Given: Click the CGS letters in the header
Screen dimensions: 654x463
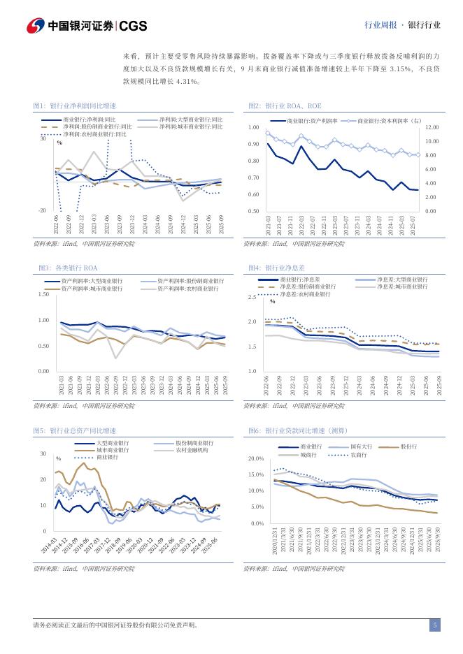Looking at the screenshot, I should coord(133,26).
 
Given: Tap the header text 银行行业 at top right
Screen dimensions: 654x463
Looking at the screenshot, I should coord(424,25).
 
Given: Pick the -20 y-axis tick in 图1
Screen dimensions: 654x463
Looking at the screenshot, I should coord(42,210).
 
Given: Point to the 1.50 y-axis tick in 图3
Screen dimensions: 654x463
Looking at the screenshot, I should coord(43,295).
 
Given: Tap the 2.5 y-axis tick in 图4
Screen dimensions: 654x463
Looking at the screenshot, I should coord(252,298).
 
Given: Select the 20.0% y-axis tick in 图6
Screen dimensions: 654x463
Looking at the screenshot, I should coord(255,458).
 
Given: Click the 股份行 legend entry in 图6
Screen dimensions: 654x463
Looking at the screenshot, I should coord(408,446).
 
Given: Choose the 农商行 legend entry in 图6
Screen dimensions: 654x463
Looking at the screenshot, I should coord(359,454).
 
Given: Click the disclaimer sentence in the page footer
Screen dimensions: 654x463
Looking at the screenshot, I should coord(115,625).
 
